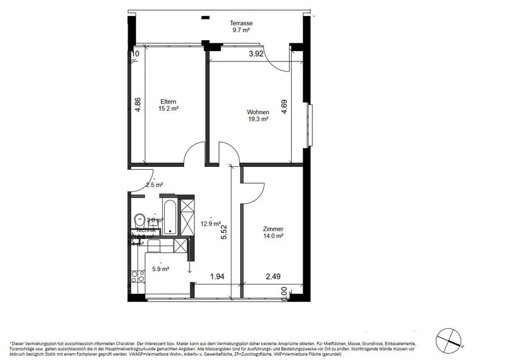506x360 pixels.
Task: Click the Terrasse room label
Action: pyautogui.click(x=241, y=23)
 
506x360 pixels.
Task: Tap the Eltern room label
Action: pyautogui.click(x=168, y=102)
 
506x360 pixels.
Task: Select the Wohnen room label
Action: pyautogui.click(x=258, y=112)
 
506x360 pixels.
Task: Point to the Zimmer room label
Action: pyautogui.click(x=273, y=229)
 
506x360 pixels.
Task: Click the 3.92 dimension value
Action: pyautogui.click(x=256, y=54)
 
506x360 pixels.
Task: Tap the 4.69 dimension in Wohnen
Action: pyautogui.click(x=284, y=107)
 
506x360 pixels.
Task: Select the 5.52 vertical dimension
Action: pyautogui.click(x=224, y=232)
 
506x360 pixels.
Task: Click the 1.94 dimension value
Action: pyautogui.click(x=217, y=277)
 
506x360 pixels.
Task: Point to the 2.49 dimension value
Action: pyautogui.click(x=273, y=277)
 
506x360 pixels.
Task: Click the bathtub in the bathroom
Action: pyautogui.click(x=170, y=217)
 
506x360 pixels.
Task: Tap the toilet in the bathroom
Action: pyautogui.click(x=139, y=220)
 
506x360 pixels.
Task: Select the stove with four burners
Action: pyautogui.click(x=137, y=276)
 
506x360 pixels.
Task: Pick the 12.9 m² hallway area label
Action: pyautogui.click(x=210, y=224)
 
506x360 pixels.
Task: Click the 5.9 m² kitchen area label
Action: pyautogui.click(x=161, y=269)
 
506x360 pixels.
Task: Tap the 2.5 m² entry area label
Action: pyautogui.click(x=154, y=185)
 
